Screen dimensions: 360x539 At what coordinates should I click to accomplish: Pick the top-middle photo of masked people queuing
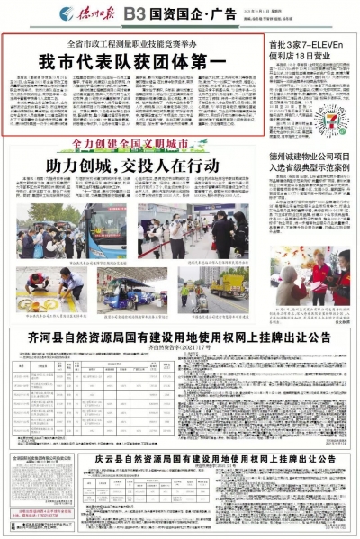(x=161, y=226)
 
